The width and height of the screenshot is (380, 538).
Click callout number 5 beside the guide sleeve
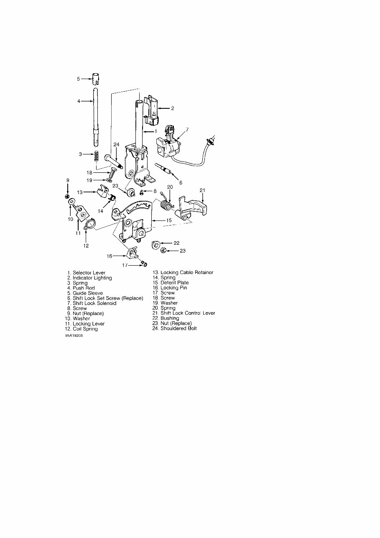pos(78,78)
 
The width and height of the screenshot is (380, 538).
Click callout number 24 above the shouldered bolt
pos(117,144)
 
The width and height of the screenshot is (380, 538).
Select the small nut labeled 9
pos(68,196)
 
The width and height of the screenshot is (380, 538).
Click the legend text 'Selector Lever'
pos(89,273)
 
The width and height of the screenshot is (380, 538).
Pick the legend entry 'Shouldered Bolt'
pos(179,328)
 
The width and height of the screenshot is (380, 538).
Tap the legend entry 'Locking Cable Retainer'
pos(187,272)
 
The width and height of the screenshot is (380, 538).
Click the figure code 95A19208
pos(74,336)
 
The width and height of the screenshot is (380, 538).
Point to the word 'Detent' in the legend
pos(168,283)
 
